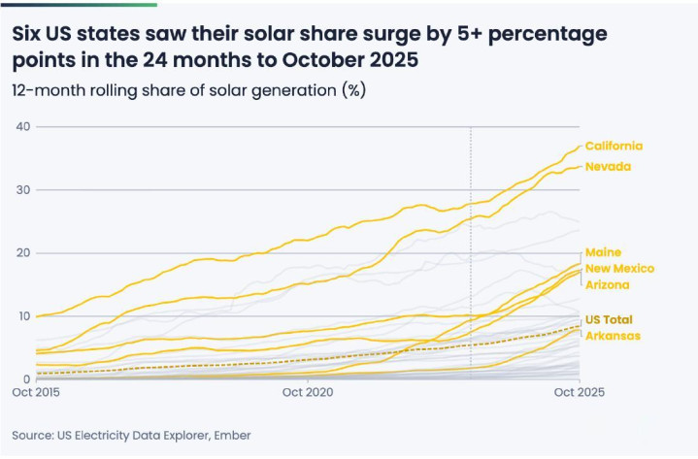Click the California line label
click(x=613, y=147)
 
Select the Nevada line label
click(x=608, y=167)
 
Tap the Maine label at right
click(x=603, y=252)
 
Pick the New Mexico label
click(x=619, y=269)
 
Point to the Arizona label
click(x=607, y=285)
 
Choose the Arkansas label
click(x=612, y=336)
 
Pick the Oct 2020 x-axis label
click(x=307, y=393)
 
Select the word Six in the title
click(x=29, y=34)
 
